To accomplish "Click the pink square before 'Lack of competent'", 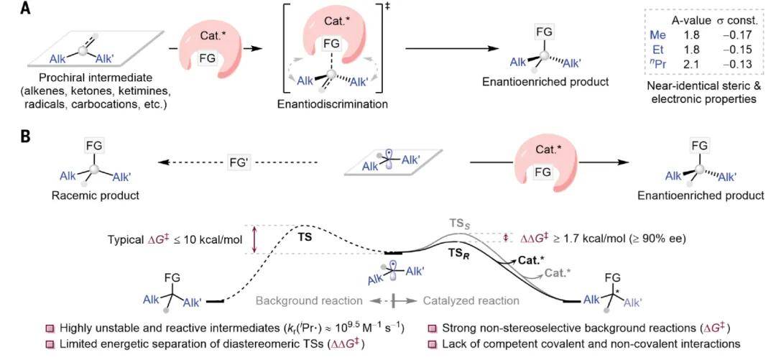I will (433, 343).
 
